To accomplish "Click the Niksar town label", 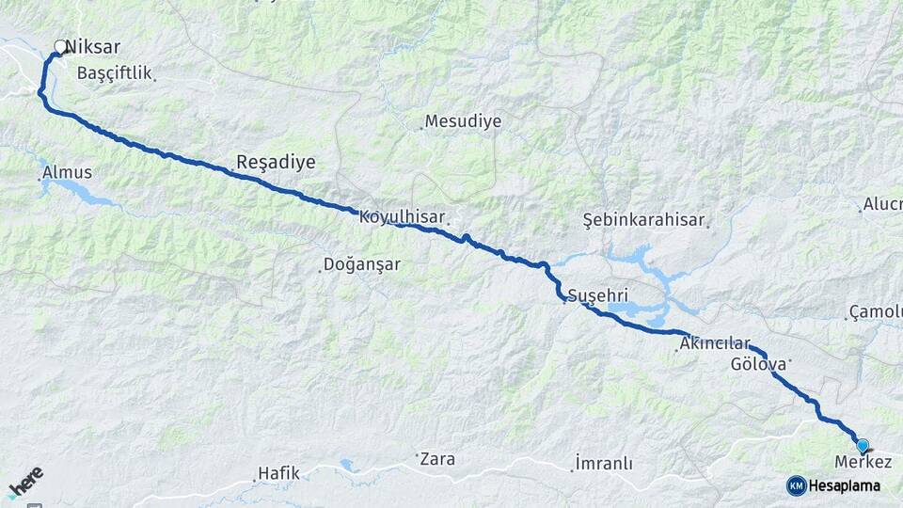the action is pos(93,46).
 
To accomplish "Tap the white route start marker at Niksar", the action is pos(61,46).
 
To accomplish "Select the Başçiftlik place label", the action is pos(114,72).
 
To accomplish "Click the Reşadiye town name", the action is pos(276,162).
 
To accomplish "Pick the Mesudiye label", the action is pos(463,121).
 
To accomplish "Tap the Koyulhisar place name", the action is pos(402,216).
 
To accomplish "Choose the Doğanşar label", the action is pos(361,264).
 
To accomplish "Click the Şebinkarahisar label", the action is pos(643,219).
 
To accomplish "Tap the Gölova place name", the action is pos(757,362).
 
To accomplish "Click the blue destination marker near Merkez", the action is pos(862,445).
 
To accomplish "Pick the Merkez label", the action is pos(863,462).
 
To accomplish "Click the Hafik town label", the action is pos(278,473).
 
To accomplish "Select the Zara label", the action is pos(437,459).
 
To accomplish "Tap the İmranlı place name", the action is pos(604,464).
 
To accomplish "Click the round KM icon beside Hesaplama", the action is pos(796,485).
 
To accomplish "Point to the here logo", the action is pos(26,482).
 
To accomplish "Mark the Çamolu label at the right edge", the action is pos(875,311).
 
